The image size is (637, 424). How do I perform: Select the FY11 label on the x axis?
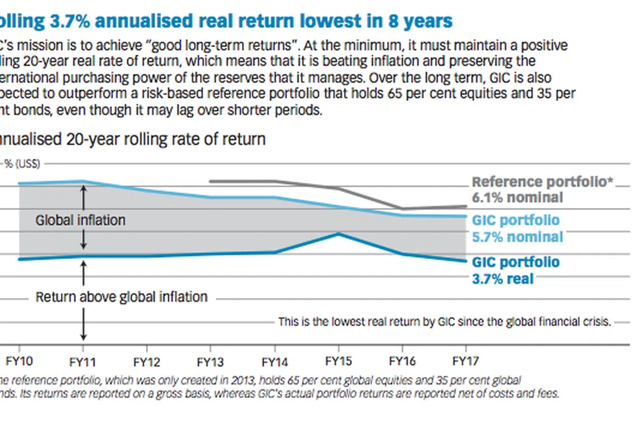[83, 361]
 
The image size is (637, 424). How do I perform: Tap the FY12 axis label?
[146, 361]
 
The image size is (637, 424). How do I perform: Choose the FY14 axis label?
[274, 361]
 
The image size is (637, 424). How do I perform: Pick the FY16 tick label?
[402, 361]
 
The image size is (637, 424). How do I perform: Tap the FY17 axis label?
[466, 361]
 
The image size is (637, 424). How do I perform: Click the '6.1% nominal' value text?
[517, 197]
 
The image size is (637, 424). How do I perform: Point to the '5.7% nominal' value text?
[517, 237]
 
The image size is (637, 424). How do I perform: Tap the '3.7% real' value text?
[503, 278]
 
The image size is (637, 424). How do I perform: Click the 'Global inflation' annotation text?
[80, 220]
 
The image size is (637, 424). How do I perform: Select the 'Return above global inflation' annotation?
[121, 297]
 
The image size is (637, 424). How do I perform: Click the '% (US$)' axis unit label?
[22, 163]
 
